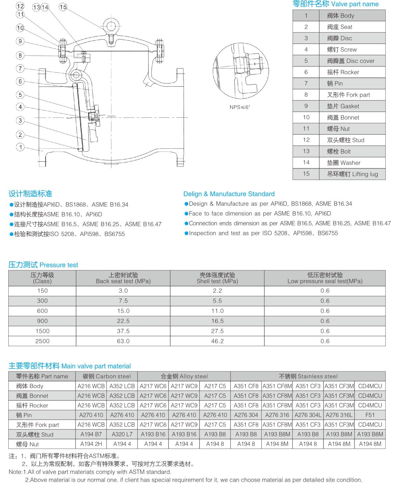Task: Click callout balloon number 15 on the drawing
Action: click(63, 7)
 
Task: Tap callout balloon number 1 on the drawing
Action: click(20, 147)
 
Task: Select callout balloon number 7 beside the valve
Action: click(20, 68)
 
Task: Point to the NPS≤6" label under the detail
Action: click(239, 107)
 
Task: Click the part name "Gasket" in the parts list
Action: click(348, 106)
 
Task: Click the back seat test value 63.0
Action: click(123, 341)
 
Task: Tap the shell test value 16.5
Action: click(217, 321)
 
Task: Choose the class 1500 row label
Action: click(42, 331)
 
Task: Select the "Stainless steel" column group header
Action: click(308, 376)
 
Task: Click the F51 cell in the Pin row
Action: click(370, 415)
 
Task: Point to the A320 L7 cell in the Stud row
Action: click(122, 434)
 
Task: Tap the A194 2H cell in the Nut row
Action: click(91, 444)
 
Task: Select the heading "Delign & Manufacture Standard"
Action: click(229, 194)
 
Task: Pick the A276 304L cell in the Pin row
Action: click(308, 415)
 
